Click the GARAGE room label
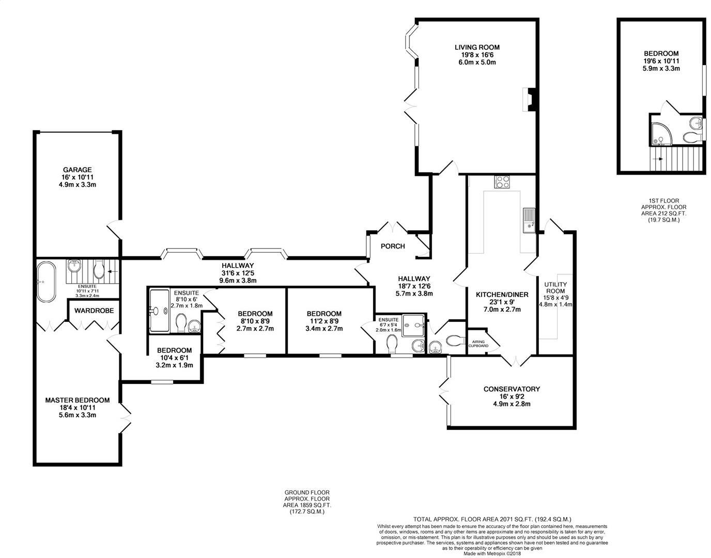pyautogui.click(x=77, y=170)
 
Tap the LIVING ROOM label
pyautogui.click(x=477, y=47)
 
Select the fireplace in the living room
pyautogui.click(x=529, y=100)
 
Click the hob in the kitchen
pyautogui.click(x=502, y=182)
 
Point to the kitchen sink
pyautogui.click(x=529, y=221)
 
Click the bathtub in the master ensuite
pyautogui.click(x=46, y=282)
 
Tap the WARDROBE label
pyautogui.click(x=94, y=311)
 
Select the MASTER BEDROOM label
pyautogui.click(x=77, y=400)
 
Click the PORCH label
pyautogui.click(x=393, y=246)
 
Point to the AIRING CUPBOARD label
pyautogui.click(x=478, y=344)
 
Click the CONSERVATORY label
pyautogui.click(x=512, y=389)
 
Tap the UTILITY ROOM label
pyautogui.click(x=555, y=287)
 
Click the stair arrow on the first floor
pyautogui.click(x=658, y=159)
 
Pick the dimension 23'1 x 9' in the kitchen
pyautogui.click(x=502, y=302)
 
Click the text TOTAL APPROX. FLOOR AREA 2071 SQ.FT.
pyautogui.click(x=473, y=519)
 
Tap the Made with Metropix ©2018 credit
pyautogui.click(x=492, y=554)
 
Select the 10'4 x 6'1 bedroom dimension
pyautogui.click(x=174, y=358)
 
